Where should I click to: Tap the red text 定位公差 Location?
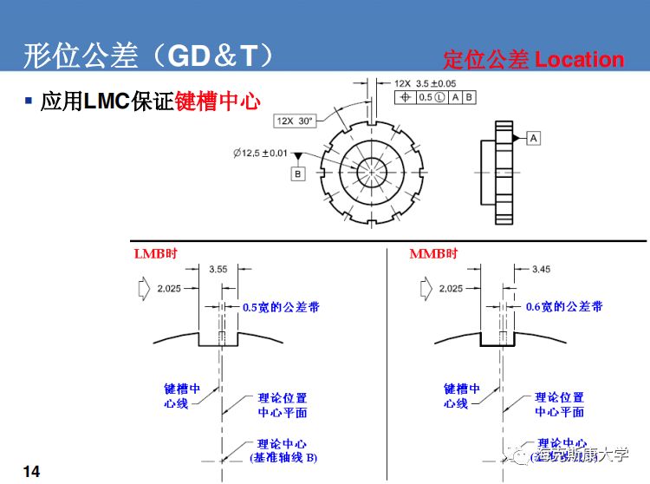533,60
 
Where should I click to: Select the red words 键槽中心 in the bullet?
218,101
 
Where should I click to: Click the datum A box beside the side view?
533,138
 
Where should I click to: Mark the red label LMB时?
155,253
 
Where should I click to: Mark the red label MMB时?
433,253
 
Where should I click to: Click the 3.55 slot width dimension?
219,270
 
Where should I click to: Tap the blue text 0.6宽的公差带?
564,306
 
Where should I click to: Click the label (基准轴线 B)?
283,456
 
